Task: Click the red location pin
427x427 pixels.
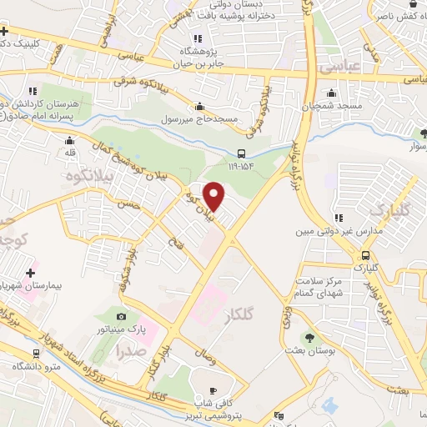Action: pyautogui.click(x=214, y=196)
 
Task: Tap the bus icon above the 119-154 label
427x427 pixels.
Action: pyautogui.click(x=241, y=153)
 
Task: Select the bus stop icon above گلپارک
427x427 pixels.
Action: pyautogui.click(x=365, y=255)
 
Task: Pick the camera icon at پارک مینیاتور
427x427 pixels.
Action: pyautogui.click(x=122, y=316)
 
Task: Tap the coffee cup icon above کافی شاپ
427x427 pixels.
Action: pyautogui.click(x=213, y=391)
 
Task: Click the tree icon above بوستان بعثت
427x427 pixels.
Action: pyautogui.click(x=310, y=338)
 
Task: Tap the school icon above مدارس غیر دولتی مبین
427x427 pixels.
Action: pyautogui.click(x=337, y=219)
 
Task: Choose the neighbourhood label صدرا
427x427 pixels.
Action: pyautogui.click(x=133, y=349)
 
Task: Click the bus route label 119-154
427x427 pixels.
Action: pyautogui.click(x=241, y=166)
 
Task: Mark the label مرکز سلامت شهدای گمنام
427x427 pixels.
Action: pyautogui.click(x=320, y=288)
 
